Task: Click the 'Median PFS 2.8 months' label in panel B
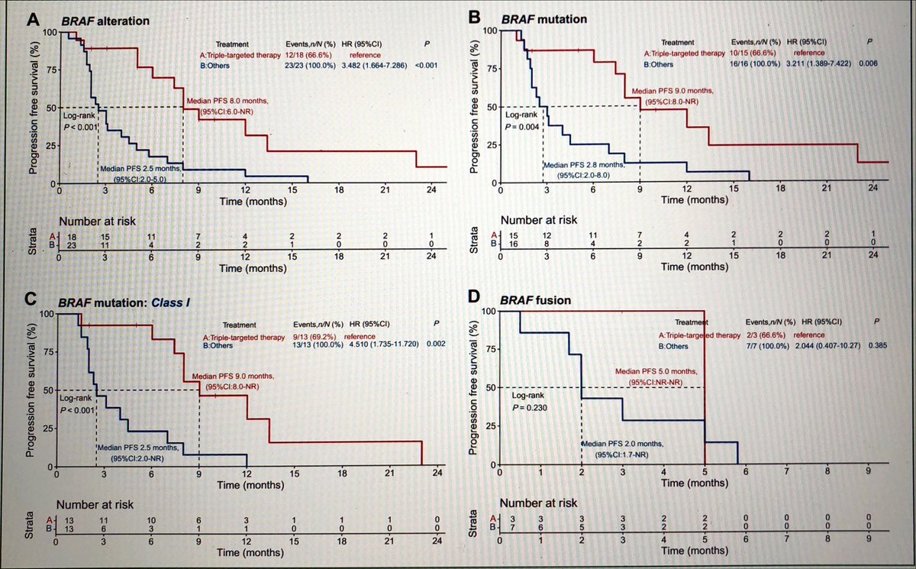tap(584, 165)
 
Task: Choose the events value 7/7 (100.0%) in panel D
tap(769, 345)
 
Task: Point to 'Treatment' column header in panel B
tap(677, 42)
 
